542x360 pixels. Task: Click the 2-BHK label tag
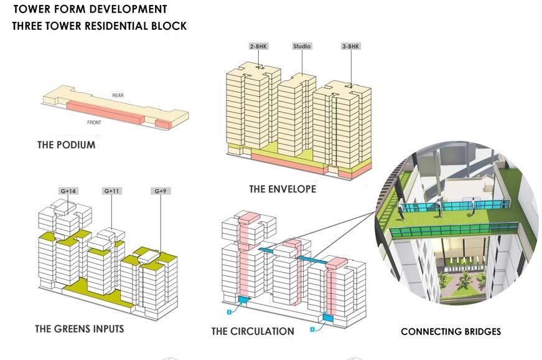coord(258,47)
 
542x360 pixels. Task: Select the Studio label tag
coord(302,47)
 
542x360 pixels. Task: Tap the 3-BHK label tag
coord(350,47)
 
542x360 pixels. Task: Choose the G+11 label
coord(111,191)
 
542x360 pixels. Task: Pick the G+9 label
coord(160,191)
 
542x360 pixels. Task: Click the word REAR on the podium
coord(118,95)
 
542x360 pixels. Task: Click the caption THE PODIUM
coord(67,145)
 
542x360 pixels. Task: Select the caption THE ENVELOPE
coord(283,189)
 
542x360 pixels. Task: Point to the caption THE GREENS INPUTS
coord(79,329)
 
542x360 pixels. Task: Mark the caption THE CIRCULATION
coord(253,331)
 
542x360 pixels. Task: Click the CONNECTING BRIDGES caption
coord(451,332)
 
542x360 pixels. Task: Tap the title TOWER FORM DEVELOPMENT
coord(90,9)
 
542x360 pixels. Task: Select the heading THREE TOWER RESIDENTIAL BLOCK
coord(99,27)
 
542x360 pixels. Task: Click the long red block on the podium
coord(106,111)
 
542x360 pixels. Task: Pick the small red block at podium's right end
coord(162,124)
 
